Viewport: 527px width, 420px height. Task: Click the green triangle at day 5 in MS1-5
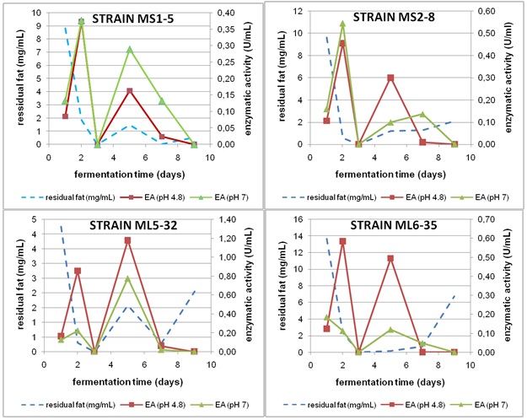130,50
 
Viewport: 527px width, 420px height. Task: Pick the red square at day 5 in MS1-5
130,91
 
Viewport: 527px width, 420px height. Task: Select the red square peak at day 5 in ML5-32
127,240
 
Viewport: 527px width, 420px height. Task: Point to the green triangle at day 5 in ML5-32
127,278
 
